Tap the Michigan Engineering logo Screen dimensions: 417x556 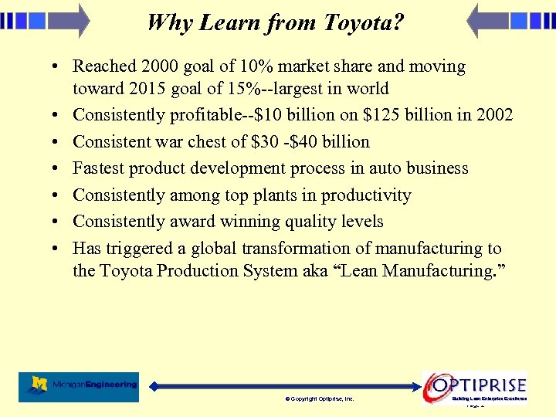[79, 386]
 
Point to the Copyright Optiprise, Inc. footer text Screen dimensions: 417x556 [320, 399]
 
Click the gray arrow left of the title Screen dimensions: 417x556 [69, 20]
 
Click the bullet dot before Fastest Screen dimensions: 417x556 [59, 169]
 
